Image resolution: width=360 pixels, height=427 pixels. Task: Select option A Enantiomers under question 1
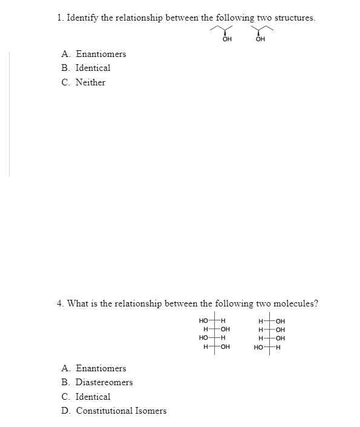(94, 54)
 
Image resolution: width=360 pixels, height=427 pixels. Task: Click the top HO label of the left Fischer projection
(204, 320)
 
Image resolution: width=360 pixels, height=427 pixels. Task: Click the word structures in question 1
(295, 18)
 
